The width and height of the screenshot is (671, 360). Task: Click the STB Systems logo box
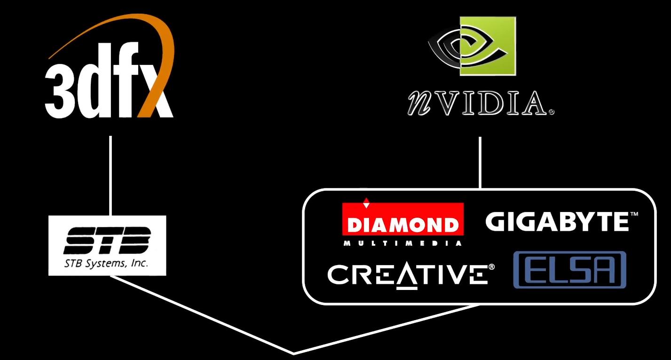pos(107,245)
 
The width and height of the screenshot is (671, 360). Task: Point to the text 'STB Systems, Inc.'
pos(106,263)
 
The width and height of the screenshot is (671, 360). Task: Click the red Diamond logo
pos(403,220)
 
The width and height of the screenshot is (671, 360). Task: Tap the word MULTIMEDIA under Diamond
pos(403,243)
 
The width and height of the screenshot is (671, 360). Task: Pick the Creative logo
pos(407,274)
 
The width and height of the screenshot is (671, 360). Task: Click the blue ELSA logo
pos(569,270)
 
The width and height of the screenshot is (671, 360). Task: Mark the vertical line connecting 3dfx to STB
pos(110,176)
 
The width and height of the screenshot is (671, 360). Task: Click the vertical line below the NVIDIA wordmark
pos(480,163)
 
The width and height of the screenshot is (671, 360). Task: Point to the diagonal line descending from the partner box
pos(386,329)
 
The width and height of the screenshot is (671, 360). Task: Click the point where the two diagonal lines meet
pos(294,353)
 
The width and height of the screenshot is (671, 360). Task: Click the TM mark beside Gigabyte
pos(634,214)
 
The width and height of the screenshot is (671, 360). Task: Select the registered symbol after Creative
pos(492,267)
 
